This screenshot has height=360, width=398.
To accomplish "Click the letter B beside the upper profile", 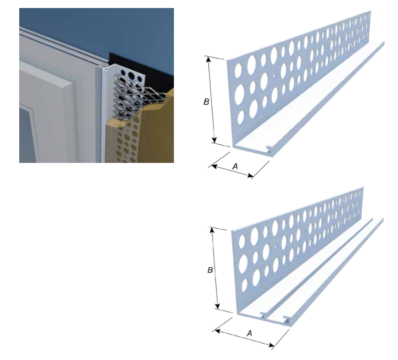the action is click(206, 101).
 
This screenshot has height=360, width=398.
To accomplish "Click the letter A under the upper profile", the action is click(235, 167).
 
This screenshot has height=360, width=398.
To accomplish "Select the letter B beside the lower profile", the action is click(210, 270).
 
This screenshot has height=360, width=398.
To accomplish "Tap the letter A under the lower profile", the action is click(250, 333).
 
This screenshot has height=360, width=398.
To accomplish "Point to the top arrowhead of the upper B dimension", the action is click(209, 59).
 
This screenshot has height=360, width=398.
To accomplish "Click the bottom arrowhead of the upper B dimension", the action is click(214, 140).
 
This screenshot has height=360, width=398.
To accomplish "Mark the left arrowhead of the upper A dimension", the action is click(214, 167).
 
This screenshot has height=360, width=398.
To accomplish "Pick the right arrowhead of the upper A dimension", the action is click(250, 175).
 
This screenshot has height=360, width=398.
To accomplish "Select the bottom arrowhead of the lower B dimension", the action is click(217, 306).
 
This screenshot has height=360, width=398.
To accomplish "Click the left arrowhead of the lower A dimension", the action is click(218, 331).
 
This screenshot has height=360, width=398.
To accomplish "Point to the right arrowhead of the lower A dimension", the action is click(271, 345).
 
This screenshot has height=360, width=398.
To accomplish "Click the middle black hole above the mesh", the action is click(131, 76).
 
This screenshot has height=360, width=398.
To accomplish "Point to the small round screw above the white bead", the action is click(105, 65).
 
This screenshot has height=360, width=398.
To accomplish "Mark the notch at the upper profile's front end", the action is click(268, 147).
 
